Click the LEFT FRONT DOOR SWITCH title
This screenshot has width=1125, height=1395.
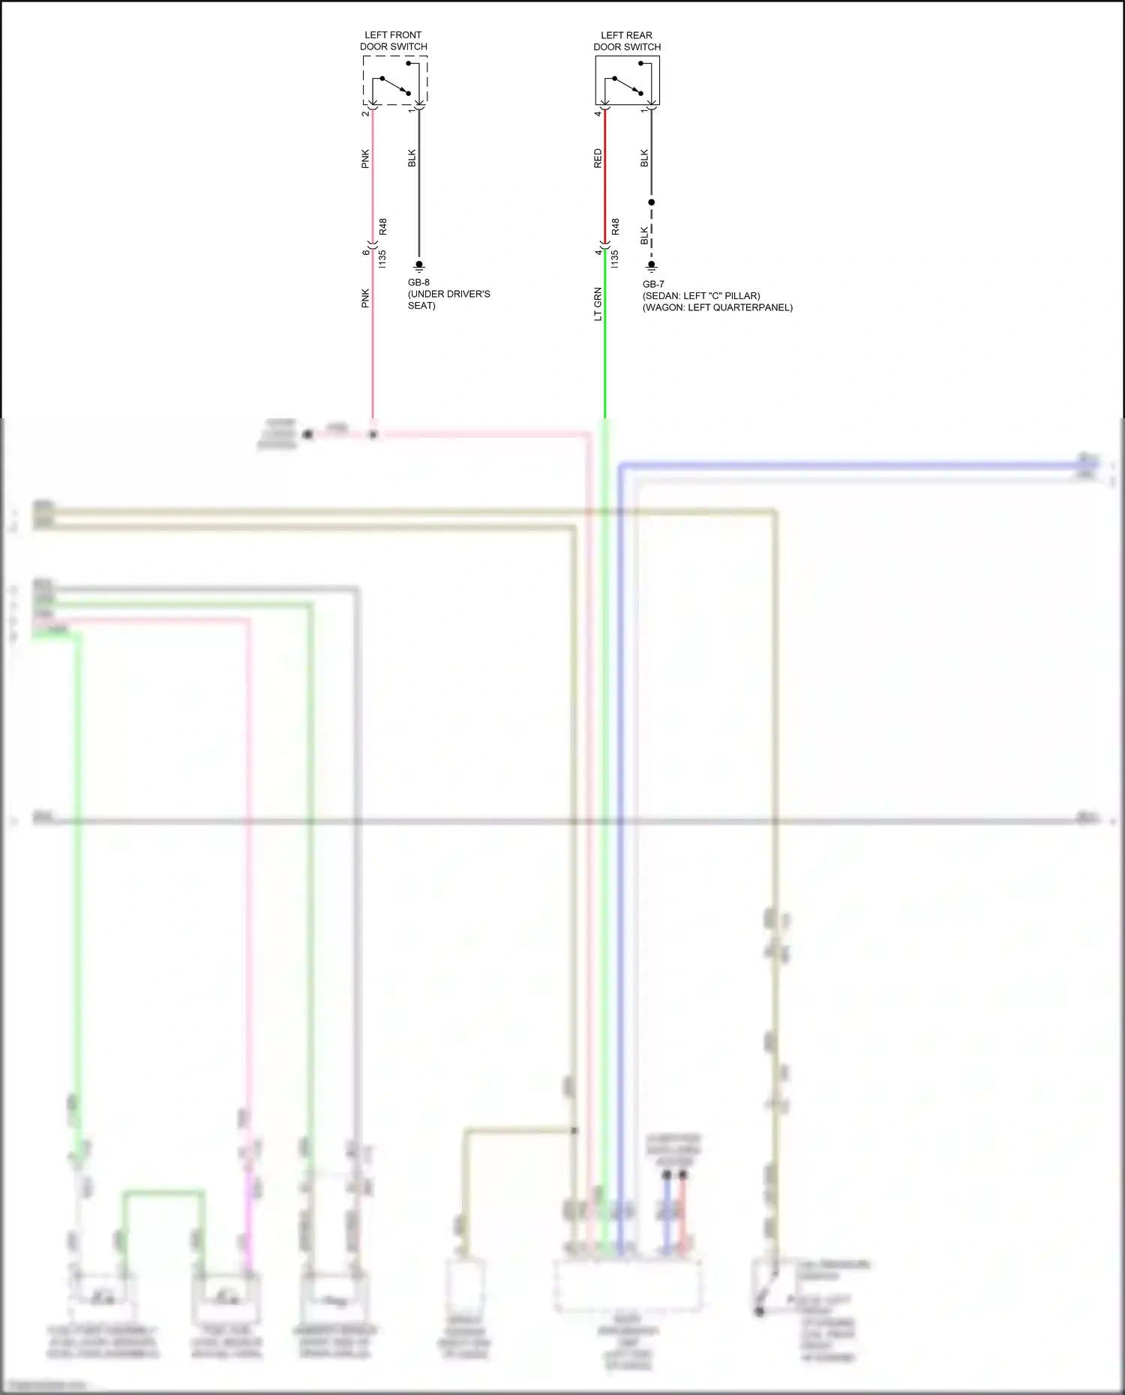point(393,40)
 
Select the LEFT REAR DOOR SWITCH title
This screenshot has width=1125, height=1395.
point(627,40)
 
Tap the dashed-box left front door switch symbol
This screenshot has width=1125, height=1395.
point(395,81)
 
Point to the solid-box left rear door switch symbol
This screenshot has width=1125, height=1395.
point(628,81)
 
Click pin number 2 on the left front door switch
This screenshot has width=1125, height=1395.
point(365,113)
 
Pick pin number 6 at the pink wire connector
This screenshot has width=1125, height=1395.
point(366,252)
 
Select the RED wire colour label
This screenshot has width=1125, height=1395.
point(598,157)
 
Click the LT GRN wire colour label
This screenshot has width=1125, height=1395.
point(598,304)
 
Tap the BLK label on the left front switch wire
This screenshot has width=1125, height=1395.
point(412,157)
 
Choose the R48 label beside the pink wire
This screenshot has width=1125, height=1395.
point(382,226)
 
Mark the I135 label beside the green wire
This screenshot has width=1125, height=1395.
point(615,259)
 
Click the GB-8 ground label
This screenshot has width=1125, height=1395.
point(418,283)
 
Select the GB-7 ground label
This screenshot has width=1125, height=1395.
point(653,284)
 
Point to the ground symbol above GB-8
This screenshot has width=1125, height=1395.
point(419,265)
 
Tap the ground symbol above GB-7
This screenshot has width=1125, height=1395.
point(652,266)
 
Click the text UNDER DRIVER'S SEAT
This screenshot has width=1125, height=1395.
point(448,299)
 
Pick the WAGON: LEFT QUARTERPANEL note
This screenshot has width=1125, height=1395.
point(717,307)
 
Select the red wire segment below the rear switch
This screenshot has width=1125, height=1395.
point(604,180)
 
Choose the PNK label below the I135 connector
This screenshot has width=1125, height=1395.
point(365,298)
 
